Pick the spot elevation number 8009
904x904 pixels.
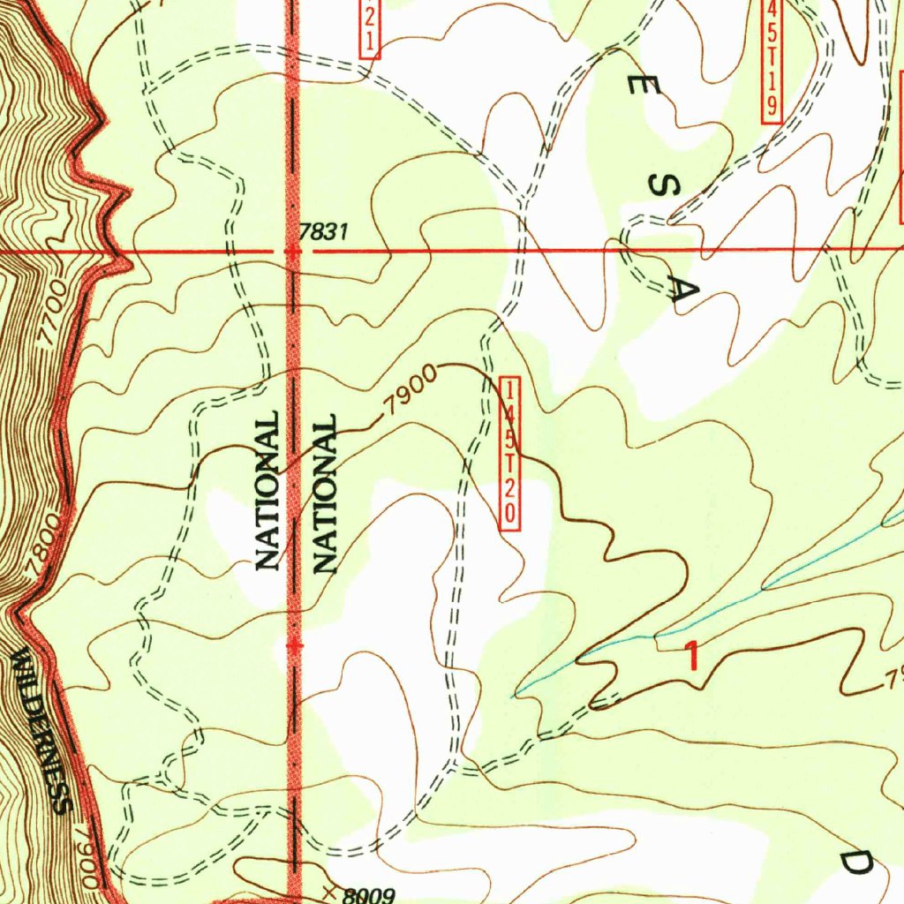(368, 894)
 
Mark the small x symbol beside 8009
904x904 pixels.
(328, 893)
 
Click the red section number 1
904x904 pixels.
(695, 657)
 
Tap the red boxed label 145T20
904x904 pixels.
(511, 453)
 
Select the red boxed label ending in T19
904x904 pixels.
(772, 57)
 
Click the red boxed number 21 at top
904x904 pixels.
(370, 26)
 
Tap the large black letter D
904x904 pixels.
(854, 863)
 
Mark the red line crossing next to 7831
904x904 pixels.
(293, 252)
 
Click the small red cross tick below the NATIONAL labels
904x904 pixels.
(294, 646)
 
